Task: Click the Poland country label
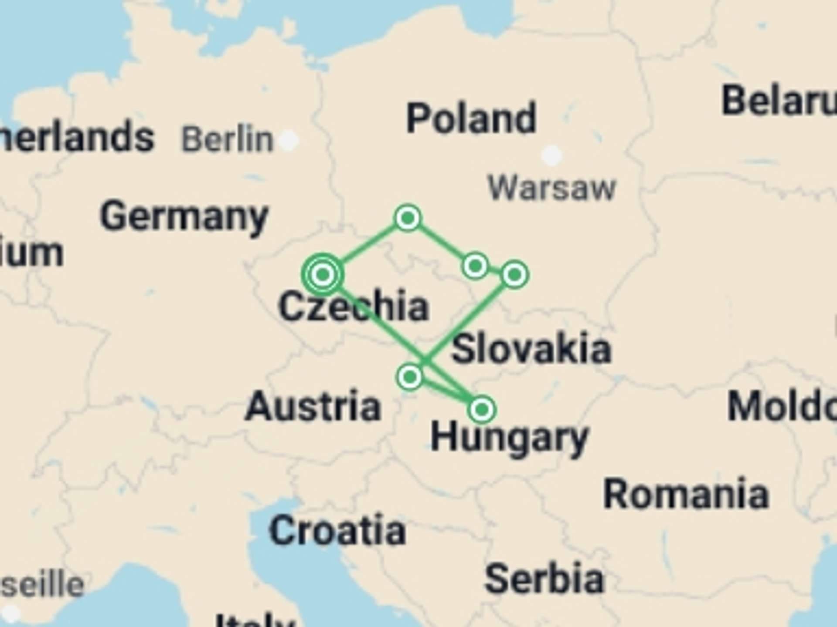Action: coord(471,118)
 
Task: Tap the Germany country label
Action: coord(184,216)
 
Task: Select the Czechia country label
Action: coord(354,307)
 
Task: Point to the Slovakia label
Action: coord(531,349)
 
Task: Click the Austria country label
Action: coord(313,406)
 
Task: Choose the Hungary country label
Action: coord(509,438)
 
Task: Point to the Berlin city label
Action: coord(227,140)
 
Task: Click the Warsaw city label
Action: coord(551,188)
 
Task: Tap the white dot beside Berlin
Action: coord(289,141)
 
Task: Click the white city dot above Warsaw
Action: coord(552,155)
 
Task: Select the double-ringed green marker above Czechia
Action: coord(323,274)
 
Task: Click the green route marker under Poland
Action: coord(408,218)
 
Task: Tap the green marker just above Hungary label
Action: coord(482,409)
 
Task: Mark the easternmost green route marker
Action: coord(515,275)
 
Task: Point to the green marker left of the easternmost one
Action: coord(475,266)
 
